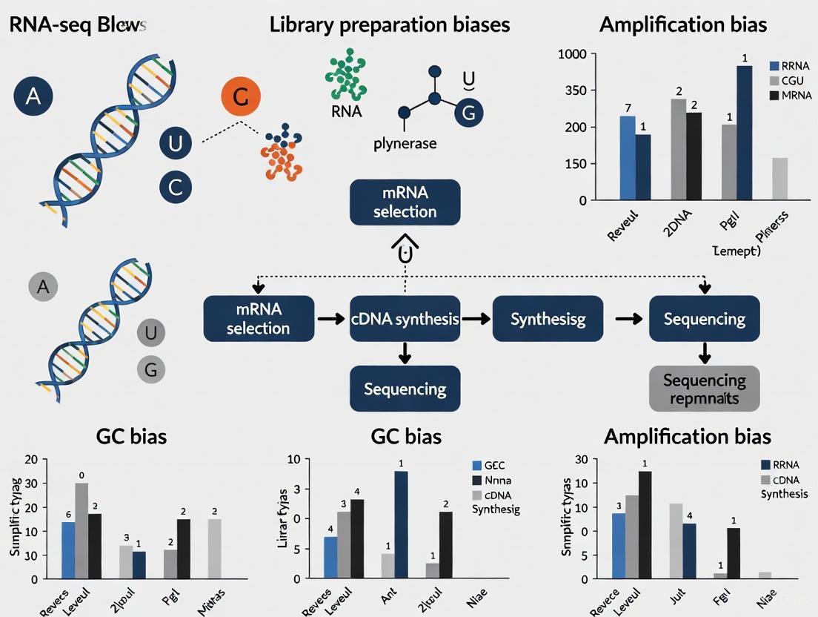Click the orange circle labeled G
(x=241, y=97)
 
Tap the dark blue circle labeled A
(x=33, y=96)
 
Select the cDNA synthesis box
(x=405, y=319)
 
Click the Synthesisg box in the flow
(x=548, y=319)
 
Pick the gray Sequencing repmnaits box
(x=704, y=388)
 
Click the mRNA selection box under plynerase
(x=405, y=202)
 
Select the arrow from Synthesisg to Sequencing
(x=628, y=319)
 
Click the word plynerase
(x=405, y=143)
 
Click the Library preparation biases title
(x=389, y=24)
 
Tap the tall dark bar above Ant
(x=400, y=524)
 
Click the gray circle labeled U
(x=150, y=333)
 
